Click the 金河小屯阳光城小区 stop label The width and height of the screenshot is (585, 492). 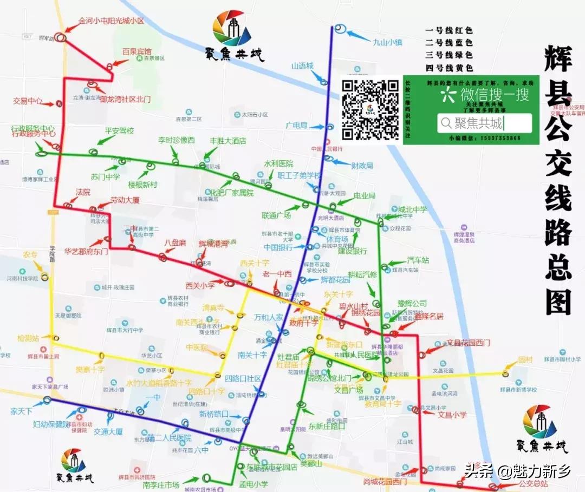tap(111, 21)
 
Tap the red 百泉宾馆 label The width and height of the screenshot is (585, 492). tap(136, 52)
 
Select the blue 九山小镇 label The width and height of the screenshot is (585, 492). tap(387, 41)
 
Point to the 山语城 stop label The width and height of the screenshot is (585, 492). tap(302, 66)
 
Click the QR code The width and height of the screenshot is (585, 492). tap(370, 110)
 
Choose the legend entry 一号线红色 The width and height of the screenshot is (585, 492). tap(449, 31)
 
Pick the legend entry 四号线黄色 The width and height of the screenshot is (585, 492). tap(449, 68)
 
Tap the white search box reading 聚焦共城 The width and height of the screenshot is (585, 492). tap(484, 123)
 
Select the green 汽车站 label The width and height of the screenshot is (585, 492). tap(418, 260)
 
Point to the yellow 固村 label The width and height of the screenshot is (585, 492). tap(525, 359)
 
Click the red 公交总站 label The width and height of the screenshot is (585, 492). tap(534, 484)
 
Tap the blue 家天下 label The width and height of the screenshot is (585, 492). tap(22, 411)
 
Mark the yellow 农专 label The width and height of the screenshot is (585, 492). tap(30, 254)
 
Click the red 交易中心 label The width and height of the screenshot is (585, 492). tap(28, 101)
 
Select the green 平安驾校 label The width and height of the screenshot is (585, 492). tap(119, 131)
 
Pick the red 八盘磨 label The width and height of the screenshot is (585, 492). tap(175, 243)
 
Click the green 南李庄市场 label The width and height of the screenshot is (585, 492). tap(161, 486)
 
